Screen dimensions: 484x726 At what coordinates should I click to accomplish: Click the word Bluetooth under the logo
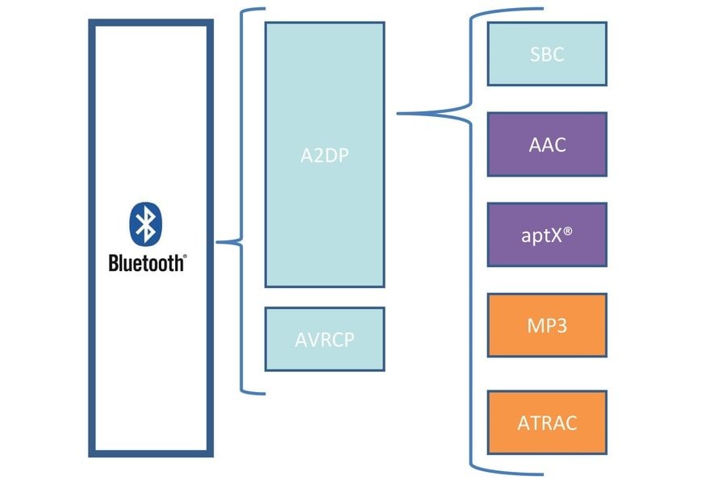pos(145,263)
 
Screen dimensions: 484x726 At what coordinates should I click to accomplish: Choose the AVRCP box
pos(324,339)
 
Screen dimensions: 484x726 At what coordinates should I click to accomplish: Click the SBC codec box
pos(547,54)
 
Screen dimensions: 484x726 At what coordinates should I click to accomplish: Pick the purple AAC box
pos(547,144)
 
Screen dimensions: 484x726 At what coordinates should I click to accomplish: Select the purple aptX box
pos(547,236)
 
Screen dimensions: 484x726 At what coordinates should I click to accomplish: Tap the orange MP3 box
pos(547,326)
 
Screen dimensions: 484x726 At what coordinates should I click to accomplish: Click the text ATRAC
pos(547,423)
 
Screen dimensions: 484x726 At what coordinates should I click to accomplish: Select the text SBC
pos(547,55)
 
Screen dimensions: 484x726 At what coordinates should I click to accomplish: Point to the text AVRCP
pos(324,339)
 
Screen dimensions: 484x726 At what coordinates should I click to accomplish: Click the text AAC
pos(547,145)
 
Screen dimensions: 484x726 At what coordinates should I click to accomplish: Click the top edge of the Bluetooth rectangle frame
pos(150,24)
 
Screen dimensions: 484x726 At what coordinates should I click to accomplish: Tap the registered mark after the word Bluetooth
pos(184,257)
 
